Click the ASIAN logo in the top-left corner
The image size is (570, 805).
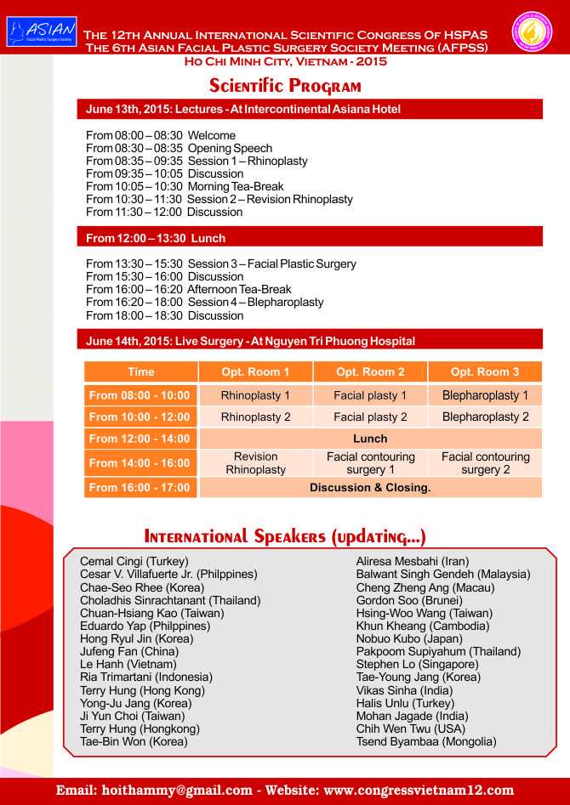[41, 31]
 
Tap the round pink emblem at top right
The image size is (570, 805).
[532, 31]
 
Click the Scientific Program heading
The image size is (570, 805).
[285, 86]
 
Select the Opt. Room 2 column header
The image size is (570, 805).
[370, 371]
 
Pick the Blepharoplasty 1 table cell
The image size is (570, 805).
[485, 395]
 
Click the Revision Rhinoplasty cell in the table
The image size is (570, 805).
[255, 463]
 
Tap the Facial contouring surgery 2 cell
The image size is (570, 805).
[485, 463]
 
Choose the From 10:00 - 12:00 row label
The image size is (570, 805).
[140, 417]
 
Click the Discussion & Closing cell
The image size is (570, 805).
[370, 488]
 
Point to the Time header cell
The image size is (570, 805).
[141, 371]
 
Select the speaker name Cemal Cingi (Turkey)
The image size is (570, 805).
[134, 562]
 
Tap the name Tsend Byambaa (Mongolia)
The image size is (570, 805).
[426, 741]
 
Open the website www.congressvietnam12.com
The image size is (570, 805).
[419, 790]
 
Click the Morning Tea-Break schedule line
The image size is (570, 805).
[185, 186]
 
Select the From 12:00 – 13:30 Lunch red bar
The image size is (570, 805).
[313, 238]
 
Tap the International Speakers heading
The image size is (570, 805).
[285, 536]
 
